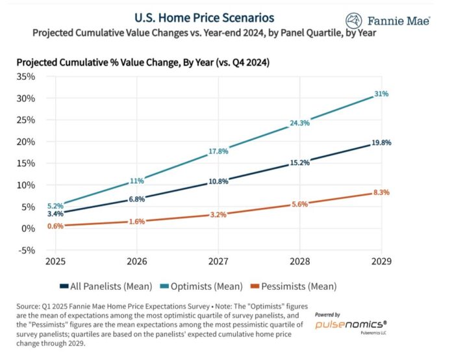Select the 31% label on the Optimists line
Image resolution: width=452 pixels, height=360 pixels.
pos(381,94)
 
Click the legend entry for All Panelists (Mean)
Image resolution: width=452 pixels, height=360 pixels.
pos(107,285)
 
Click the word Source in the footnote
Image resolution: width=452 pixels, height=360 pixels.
pos(28,305)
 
